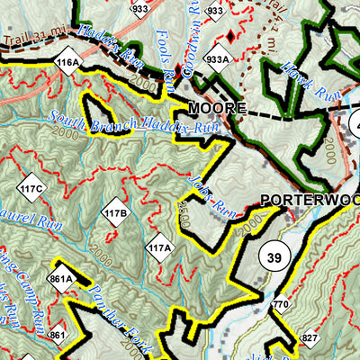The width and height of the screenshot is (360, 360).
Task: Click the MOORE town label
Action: coord(216,108)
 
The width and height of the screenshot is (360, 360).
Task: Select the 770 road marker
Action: coord(282,304)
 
